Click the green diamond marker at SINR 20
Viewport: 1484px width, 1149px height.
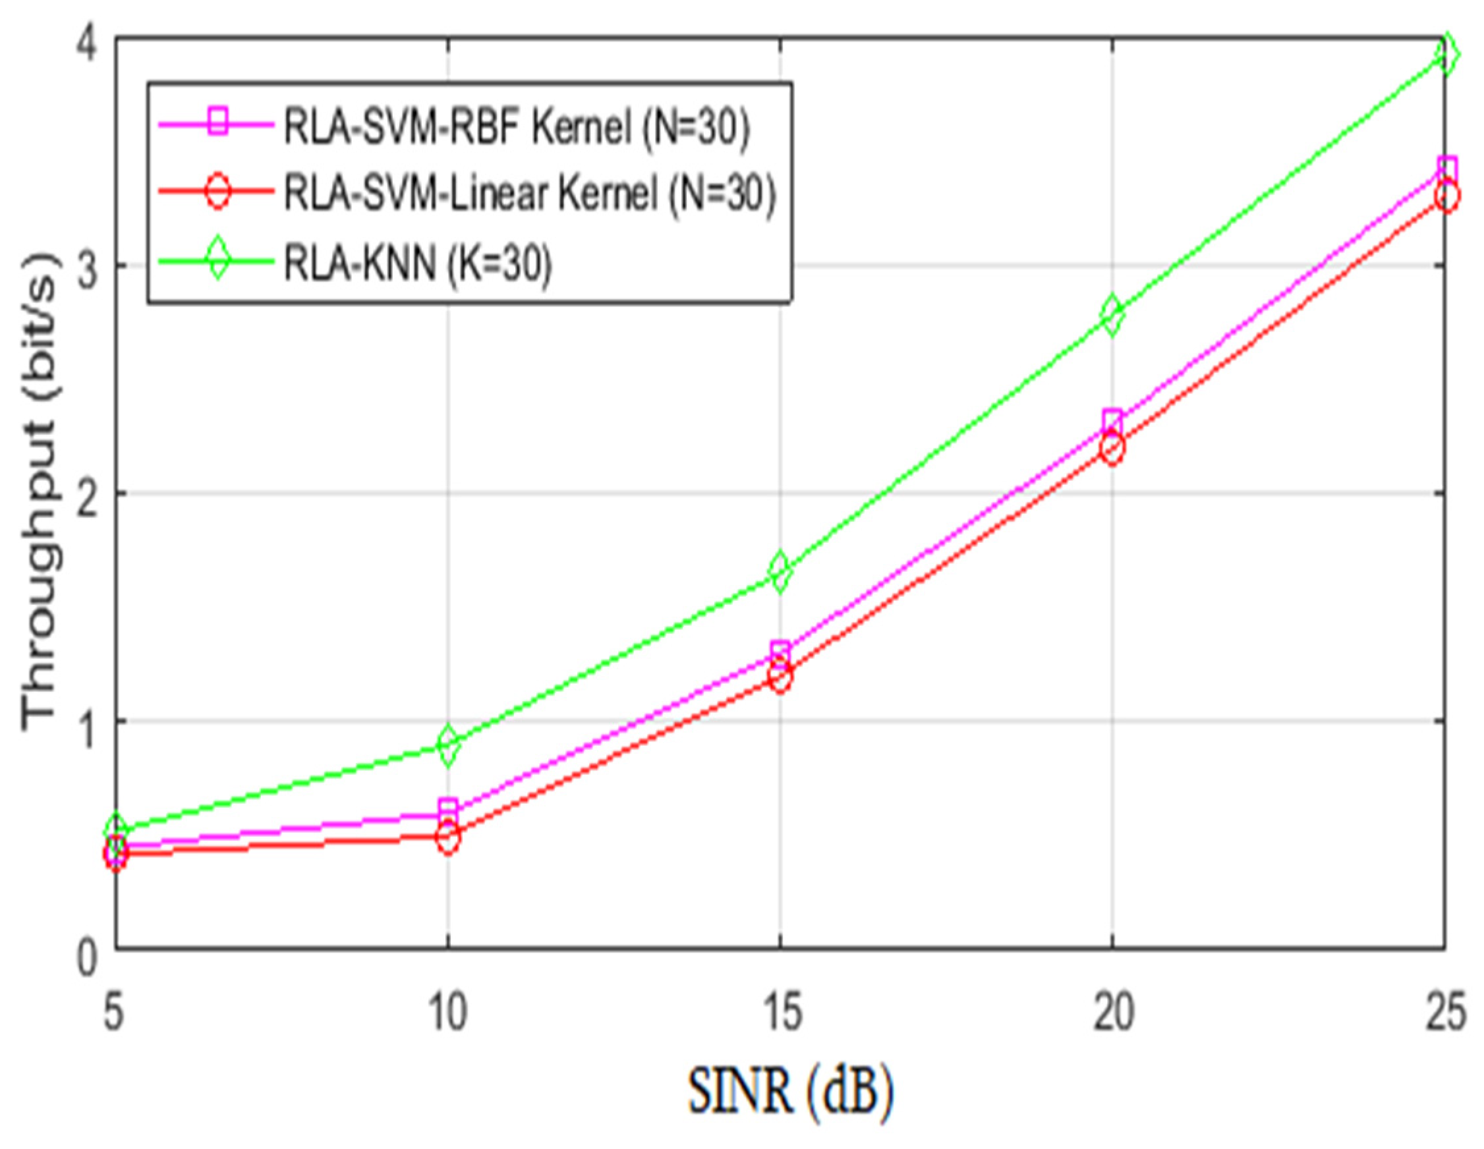point(1112,314)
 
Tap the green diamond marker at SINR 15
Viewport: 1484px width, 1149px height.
point(780,571)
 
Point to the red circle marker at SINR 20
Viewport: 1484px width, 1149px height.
point(1112,449)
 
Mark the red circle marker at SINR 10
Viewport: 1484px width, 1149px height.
point(449,837)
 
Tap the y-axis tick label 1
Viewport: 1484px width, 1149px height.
point(87,721)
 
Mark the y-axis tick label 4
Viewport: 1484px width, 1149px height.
point(86,42)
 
